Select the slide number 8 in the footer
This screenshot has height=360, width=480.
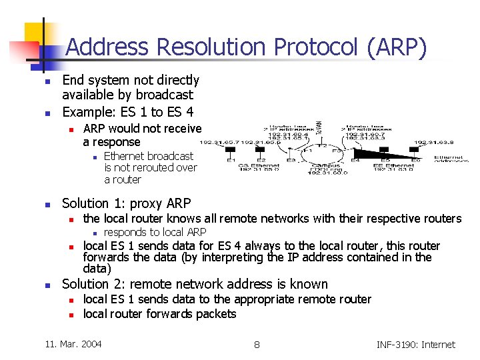tap(257, 345)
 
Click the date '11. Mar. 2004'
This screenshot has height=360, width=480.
tap(73, 344)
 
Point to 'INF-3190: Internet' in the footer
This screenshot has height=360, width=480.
tap(415, 345)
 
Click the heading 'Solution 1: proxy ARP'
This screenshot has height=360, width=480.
tap(126, 203)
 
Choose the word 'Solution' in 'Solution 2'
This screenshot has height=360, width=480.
tap(85, 284)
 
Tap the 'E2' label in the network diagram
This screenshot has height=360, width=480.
tap(261, 160)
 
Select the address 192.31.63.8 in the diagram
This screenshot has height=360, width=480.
tap(432, 141)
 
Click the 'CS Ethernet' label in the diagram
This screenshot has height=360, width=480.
tap(255, 165)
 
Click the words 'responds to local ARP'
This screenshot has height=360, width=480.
tap(155, 232)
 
